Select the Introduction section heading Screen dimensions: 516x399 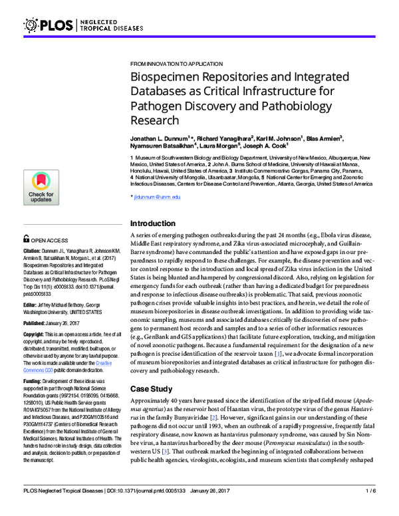click(x=156, y=223)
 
